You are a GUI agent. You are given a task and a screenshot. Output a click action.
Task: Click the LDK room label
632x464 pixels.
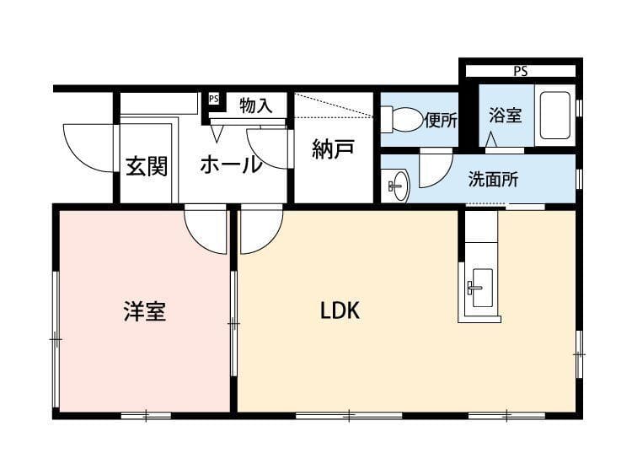click(x=340, y=310)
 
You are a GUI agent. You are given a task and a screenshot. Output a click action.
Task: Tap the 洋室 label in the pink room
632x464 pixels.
click(x=144, y=311)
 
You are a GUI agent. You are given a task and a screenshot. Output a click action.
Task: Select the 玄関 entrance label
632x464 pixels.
click(x=147, y=166)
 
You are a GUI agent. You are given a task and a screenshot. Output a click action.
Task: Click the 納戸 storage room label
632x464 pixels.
click(x=332, y=149)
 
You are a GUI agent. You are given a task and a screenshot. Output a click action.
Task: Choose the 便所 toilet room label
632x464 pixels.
click(x=441, y=120)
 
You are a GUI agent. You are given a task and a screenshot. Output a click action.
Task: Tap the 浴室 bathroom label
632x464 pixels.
click(x=506, y=116)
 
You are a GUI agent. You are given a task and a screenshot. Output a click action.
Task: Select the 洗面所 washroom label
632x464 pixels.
click(x=493, y=179)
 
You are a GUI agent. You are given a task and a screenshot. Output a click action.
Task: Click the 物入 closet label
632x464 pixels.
click(x=255, y=106)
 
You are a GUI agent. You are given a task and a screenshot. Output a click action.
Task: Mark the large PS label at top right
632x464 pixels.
click(x=520, y=72)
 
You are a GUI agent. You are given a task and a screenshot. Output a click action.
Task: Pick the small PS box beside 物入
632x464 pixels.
click(x=213, y=99)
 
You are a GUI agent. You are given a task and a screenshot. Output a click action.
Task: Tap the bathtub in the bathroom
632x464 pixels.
click(x=556, y=114)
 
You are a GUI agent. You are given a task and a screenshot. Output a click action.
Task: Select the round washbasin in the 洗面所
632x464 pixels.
click(x=397, y=185)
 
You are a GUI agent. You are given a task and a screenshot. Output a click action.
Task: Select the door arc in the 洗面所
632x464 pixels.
click(x=435, y=169)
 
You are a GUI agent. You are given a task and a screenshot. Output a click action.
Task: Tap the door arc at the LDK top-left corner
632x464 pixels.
click(x=260, y=230)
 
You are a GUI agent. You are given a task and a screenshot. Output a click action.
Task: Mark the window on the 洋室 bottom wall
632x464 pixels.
click(x=145, y=414)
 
